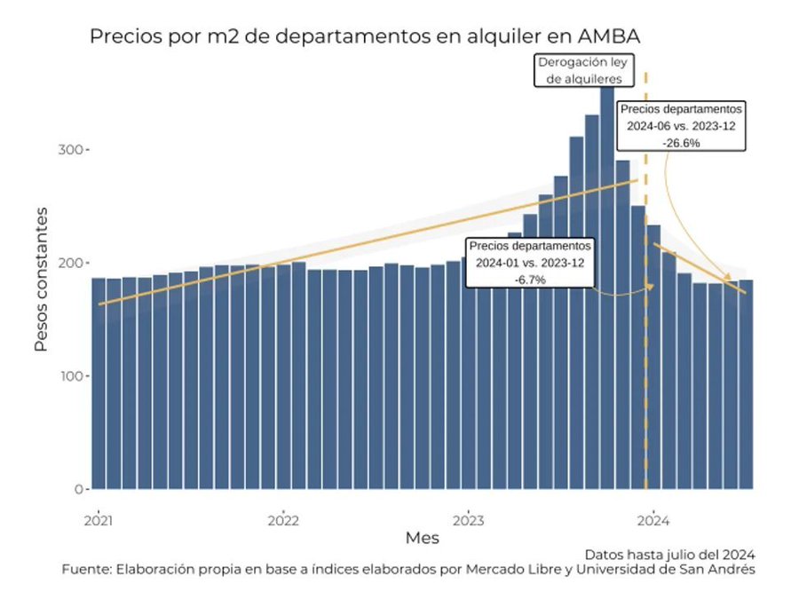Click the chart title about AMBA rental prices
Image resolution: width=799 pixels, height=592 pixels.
[x=365, y=36]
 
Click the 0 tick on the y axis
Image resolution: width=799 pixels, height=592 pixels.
[x=80, y=489]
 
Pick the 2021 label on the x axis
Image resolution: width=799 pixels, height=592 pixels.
[x=98, y=518]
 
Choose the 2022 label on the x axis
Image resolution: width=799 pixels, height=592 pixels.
[x=283, y=518]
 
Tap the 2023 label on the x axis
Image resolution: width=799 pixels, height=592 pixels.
[x=469, y=518]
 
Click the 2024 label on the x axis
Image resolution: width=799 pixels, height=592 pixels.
[x=654, y=518]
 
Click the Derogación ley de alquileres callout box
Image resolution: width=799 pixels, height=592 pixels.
[x=577, y=70]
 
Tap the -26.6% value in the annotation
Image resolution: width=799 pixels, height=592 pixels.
[x=681, y=142]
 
